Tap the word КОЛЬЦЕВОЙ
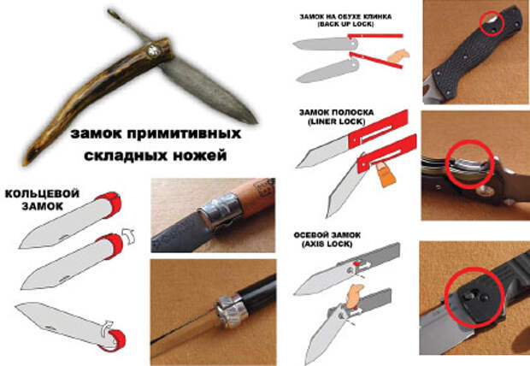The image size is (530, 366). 42,194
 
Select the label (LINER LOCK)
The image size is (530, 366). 336,121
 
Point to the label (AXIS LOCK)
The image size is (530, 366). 327,244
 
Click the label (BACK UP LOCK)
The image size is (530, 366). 345,24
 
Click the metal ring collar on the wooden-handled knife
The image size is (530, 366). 221,210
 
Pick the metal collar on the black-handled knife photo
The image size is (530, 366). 231,310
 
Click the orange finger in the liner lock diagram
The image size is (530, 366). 385,174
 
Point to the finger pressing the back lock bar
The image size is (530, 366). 399,56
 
